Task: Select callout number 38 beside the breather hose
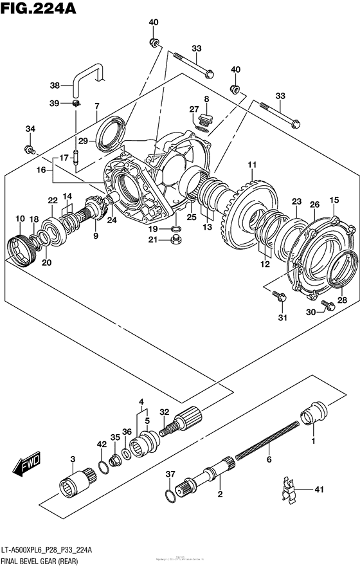click(x=55, y=86)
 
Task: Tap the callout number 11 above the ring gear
click(x=253, y=164)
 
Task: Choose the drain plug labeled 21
click(x=173, y=243)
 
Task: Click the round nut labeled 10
click(x=19, y=248)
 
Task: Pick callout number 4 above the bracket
click(x=139, y=403)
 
